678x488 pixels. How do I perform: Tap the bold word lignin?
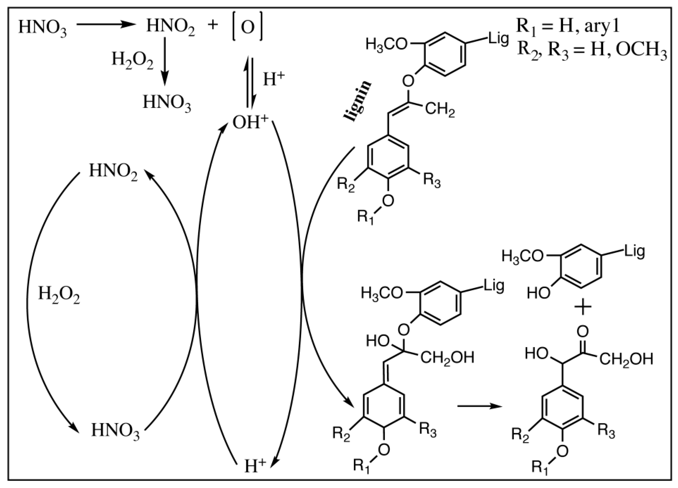(x=358, y=101)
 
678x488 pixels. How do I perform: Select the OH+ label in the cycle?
(x=250, y=123)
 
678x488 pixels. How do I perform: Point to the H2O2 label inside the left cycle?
(x=59, y=295)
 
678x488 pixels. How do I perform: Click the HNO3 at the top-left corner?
(x=42, y=27)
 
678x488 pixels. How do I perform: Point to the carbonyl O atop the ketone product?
(x=583, y=331)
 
